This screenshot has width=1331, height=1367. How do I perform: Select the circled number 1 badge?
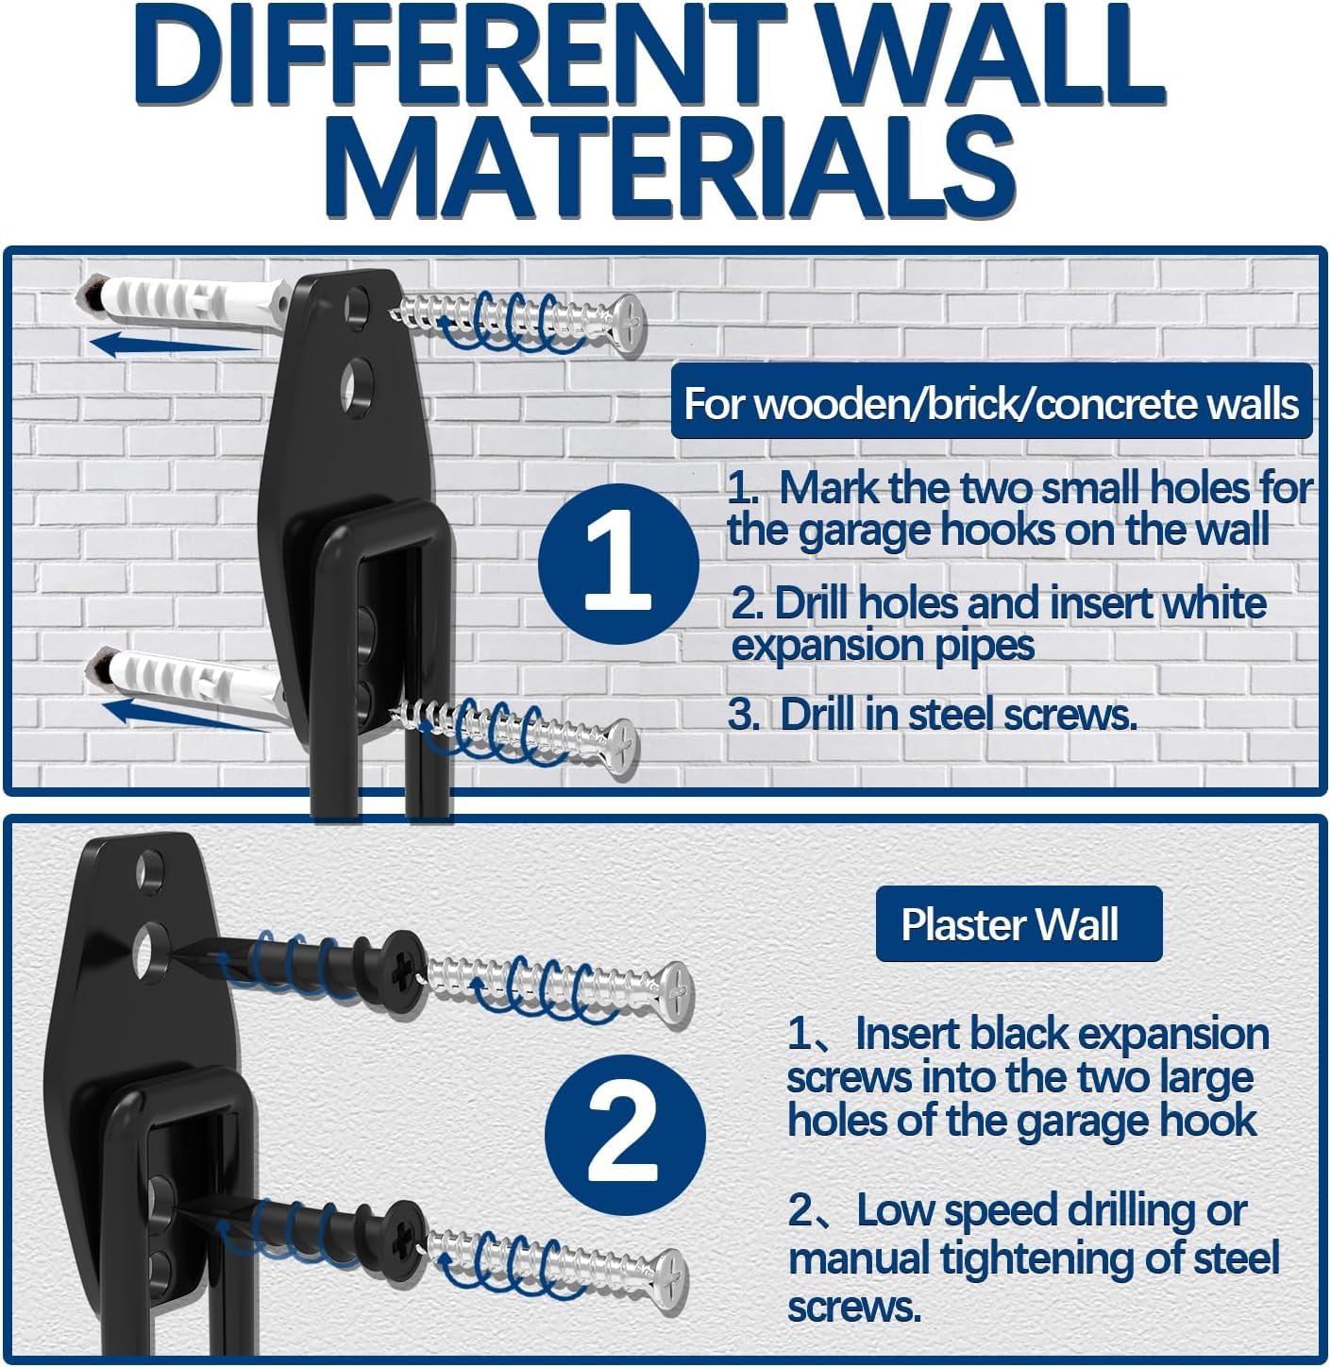[x=618, y=564]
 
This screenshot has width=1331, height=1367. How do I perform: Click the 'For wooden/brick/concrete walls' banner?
[x=991, y=403]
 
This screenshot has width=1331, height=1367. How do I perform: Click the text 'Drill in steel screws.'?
[x=957, y=715]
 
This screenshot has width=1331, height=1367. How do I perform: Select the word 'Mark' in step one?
[x=828, y=487]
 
